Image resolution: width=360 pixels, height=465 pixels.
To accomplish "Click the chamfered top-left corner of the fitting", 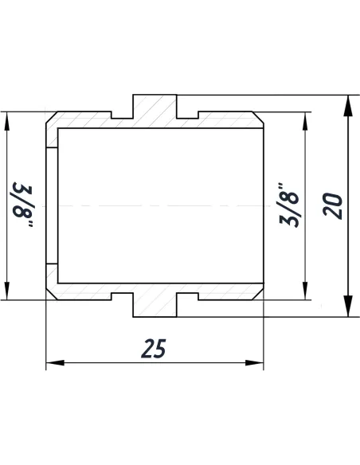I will pyautogui.click(x=50, y=118).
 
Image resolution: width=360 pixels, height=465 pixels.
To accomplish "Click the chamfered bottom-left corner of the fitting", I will pyautogui.click(x=50, y=294).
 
